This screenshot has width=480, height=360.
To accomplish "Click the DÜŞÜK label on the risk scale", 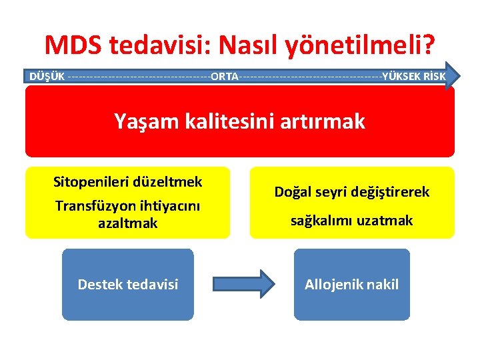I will (47, 75).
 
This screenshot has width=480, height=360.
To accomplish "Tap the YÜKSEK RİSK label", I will (414, 75).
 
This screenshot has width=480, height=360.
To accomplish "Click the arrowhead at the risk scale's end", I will (455, 75).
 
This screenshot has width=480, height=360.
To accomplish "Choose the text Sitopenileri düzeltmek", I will (128, 181).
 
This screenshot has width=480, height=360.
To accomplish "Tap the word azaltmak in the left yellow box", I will (128, 223).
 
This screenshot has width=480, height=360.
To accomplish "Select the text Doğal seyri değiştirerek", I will (352, 192).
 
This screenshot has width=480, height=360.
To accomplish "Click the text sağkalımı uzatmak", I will (352, 220).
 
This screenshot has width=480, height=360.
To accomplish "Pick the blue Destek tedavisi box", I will (128, 285).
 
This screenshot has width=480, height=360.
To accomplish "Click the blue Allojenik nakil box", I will (352, 285).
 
